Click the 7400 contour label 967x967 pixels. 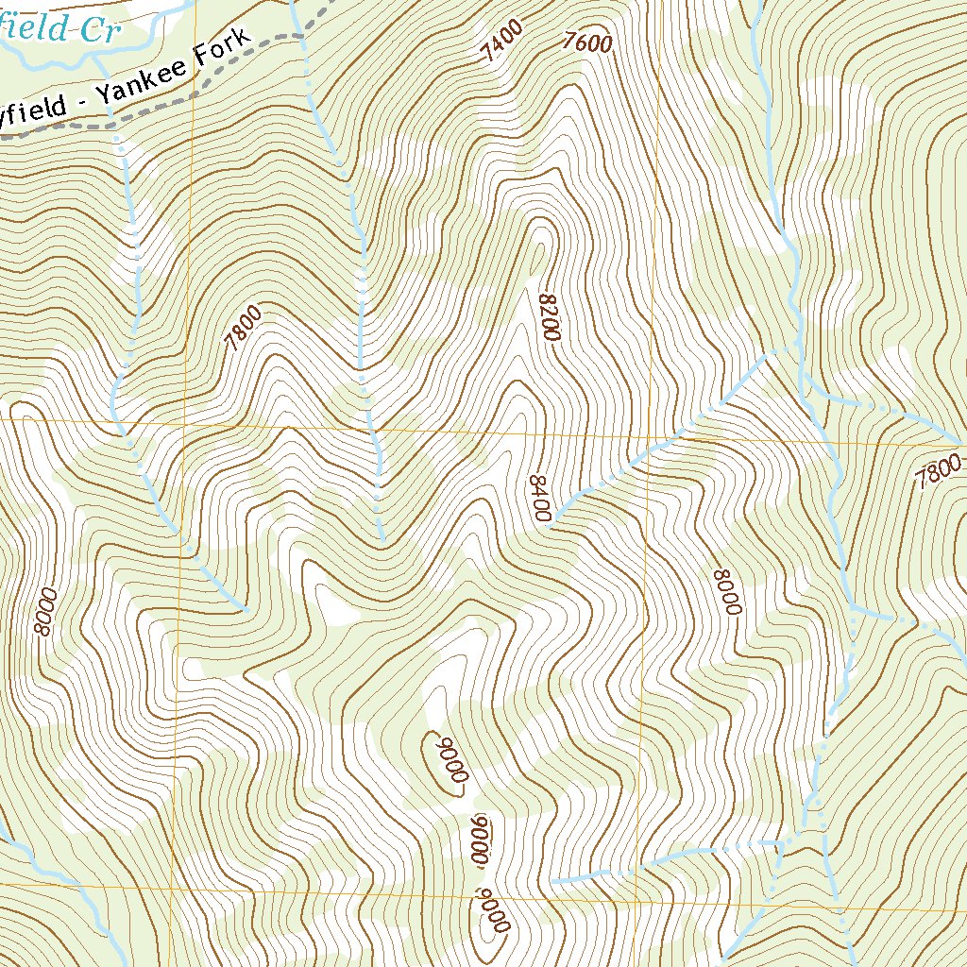(501, 44)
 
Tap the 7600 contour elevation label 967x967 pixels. (586, 42)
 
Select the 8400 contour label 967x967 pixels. (539, 498)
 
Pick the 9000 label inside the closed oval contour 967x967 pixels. (450, 755)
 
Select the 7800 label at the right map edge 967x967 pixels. (939, 469)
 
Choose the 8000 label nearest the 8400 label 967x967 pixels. (724, 592)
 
